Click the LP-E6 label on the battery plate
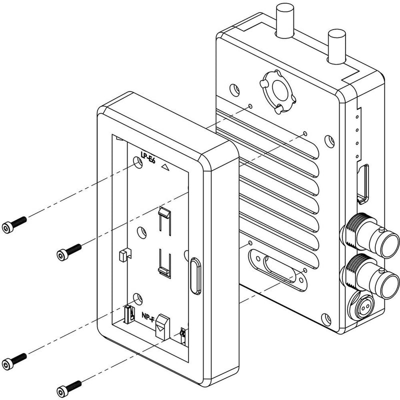point(148,157)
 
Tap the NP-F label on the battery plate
point(148,317)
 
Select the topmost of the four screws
point(14,224)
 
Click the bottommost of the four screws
point(69,388)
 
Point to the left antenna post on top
point(284,20)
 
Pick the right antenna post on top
point(336,46)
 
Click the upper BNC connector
point(370,235)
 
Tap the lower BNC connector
point(370,276)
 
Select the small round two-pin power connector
point(360,305)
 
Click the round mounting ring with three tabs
point(278,91)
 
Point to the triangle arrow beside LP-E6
point(165,167)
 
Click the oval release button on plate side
point(195,276)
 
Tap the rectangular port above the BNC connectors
point(363,184)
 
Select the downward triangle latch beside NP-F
point(162,326)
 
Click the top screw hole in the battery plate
point(138,162)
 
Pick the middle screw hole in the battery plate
point(142,232)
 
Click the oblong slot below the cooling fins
point(278,270)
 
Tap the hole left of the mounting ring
point(234,90)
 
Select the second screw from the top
point(69,252)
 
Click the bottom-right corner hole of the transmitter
point(326,319)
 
